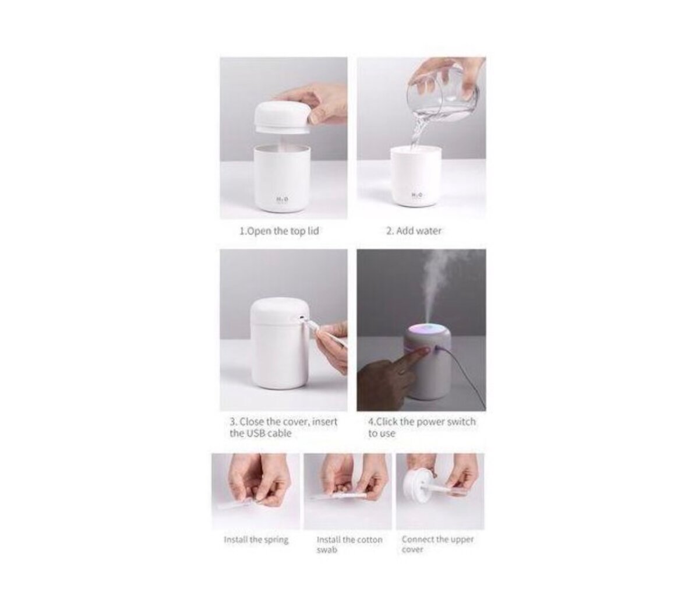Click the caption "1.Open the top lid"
279,231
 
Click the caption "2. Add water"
414,231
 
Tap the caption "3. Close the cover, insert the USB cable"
283,427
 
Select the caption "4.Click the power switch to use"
422,427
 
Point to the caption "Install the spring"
256,540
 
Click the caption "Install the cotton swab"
349,544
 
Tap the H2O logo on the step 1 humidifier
281,199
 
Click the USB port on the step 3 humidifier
301,318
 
